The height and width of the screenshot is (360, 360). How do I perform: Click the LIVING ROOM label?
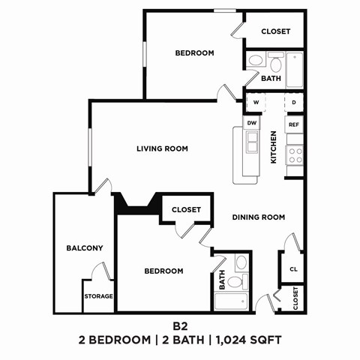tap(162, 148)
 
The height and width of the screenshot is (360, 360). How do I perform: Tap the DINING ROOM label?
tap(259, 217)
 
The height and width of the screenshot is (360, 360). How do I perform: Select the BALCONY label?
tap(84, 248)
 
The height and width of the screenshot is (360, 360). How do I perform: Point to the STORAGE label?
tap(98, 296)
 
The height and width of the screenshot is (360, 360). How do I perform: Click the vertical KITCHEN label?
tap(274, 148)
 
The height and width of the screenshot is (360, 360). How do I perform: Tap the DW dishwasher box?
tap(252, 122)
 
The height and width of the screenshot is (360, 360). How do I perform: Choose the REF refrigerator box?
tap(294, 124)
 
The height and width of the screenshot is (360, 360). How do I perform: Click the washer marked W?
tap(256, 102)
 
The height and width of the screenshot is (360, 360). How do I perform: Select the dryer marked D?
tap(294, 102)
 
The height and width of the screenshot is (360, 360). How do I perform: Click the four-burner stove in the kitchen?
tap(295, 155)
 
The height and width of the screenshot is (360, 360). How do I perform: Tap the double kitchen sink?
tap(252, 141)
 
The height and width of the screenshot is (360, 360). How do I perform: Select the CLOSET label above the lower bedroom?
tap(186, 210)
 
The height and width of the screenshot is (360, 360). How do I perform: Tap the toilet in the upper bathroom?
tap(256, 59)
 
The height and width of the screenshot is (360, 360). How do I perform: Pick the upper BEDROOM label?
tap(195, 53)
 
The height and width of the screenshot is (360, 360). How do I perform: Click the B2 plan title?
tap(180, 326)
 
